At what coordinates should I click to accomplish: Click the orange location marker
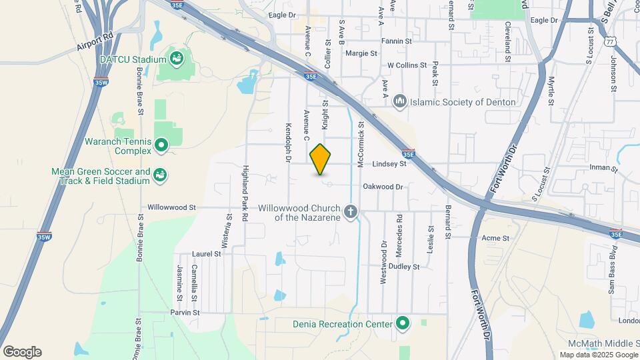pos(321,159)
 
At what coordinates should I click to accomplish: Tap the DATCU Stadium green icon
pos(177,59)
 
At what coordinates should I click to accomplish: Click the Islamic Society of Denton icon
pos(400,102)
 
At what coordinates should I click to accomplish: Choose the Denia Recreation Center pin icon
pos(402,324)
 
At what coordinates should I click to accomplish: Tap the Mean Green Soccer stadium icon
pos(160,175)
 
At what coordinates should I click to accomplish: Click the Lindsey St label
pos(389,163)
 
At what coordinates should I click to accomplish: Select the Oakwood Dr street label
pos(383,187)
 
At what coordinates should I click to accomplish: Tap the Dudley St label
pos(405,266)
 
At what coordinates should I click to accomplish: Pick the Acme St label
pos(495,238)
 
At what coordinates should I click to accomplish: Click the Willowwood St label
pos(171,207)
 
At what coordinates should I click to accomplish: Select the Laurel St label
pos(206,254)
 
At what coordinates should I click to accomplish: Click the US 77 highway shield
pos(610,41)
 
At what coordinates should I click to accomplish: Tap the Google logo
pos(22,352)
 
